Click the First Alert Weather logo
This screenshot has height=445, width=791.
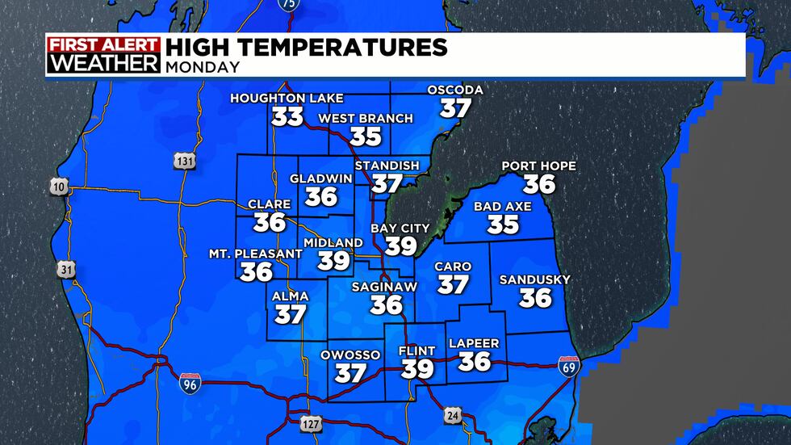pyautogui.click(x=103, y=55)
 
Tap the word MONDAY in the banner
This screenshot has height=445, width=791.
pyautogui.click(x=203, y=68)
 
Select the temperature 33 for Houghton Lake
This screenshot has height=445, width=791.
pyautogui.click(x=287, y=117)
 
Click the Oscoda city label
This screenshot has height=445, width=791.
pyautogui.click(x=456, y=90)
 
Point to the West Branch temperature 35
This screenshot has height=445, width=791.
pyautogui.click(x=366, y=136)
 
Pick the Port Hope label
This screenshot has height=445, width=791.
pyautogui.click(x=539, y=166)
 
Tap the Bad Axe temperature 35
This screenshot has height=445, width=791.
pyautogui.click(x=503, y=224)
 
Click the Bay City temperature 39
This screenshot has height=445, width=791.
pyautogui.click(x=400, y=246)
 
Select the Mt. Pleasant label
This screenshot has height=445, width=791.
pyautogui.click(x=256, y=254)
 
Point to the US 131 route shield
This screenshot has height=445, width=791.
pyautogui.click(x=183, y=162)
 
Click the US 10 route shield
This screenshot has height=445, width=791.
pyautogui.click(x=59, y=187)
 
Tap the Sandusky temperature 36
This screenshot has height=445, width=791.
pyautogui.click(x=535, y=298)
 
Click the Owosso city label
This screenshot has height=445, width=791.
pyautogui.click(x=351, y=354)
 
